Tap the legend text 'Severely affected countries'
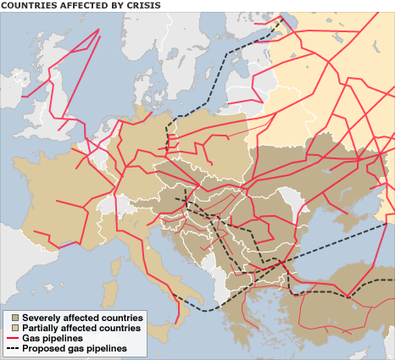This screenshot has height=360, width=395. coord(82,317)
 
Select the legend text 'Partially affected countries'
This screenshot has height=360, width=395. coord(81,327)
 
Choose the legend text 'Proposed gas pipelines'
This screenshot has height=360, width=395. coord(75,348)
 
